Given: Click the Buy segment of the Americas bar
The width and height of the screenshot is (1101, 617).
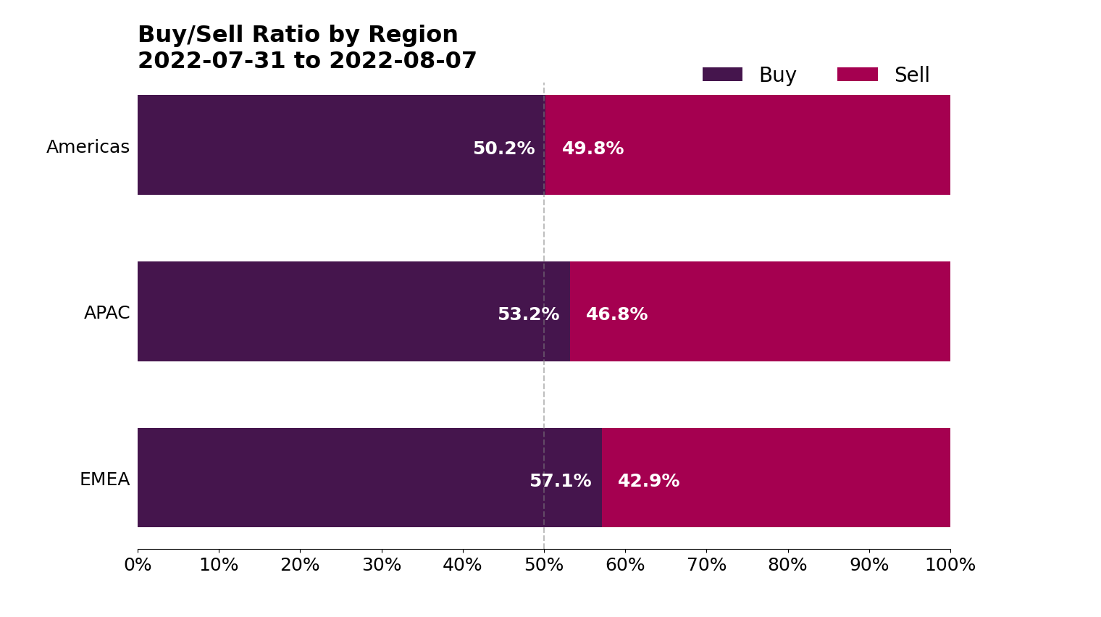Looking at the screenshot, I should pyautogui.click(x=304, y=145).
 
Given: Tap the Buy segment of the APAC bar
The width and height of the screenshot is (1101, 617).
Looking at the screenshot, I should pyautogui.click(x=319, y=311).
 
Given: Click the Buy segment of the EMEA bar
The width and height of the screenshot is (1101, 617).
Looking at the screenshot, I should pyautogui.click(x=333, y=478).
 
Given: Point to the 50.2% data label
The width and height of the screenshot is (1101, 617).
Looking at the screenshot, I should pyautogui.click(x=503, y=149).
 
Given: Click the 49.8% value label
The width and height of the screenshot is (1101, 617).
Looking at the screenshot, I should pyautogui.click(x=593, y=149).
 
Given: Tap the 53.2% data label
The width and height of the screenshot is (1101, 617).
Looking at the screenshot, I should pyautogui.click(x=528, y=315).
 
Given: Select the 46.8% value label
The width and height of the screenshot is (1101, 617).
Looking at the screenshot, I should pyautogui.click(x=616, y=315).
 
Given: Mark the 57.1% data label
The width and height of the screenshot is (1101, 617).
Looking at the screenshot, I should pyautogui.click(x=560, y=482).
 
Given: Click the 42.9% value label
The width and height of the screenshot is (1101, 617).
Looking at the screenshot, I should pyautogui.click(x=648, y=482).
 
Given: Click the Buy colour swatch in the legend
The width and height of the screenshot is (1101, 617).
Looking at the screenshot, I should pyautogui.click(x=722, y=75).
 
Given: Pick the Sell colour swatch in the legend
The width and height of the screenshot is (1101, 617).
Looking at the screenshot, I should pyautogui.click(x=857, y=75).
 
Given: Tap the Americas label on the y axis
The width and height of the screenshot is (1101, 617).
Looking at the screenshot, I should pyautogui.click(x=88, y=148).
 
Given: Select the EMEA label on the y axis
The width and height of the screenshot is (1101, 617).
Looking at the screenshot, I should pyautogui.click(x=104, y=480).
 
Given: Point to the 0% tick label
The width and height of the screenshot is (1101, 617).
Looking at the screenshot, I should pyautogui.click(x=138, y=566).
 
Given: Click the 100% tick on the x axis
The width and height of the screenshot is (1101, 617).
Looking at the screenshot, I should pyautogui.click(x=950, y=566).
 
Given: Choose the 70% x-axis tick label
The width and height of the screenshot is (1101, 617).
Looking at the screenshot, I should pyautogui.click(x=706, y=566).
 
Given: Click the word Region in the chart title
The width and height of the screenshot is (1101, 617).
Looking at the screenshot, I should pyautogui.click(x=413, y=35).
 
